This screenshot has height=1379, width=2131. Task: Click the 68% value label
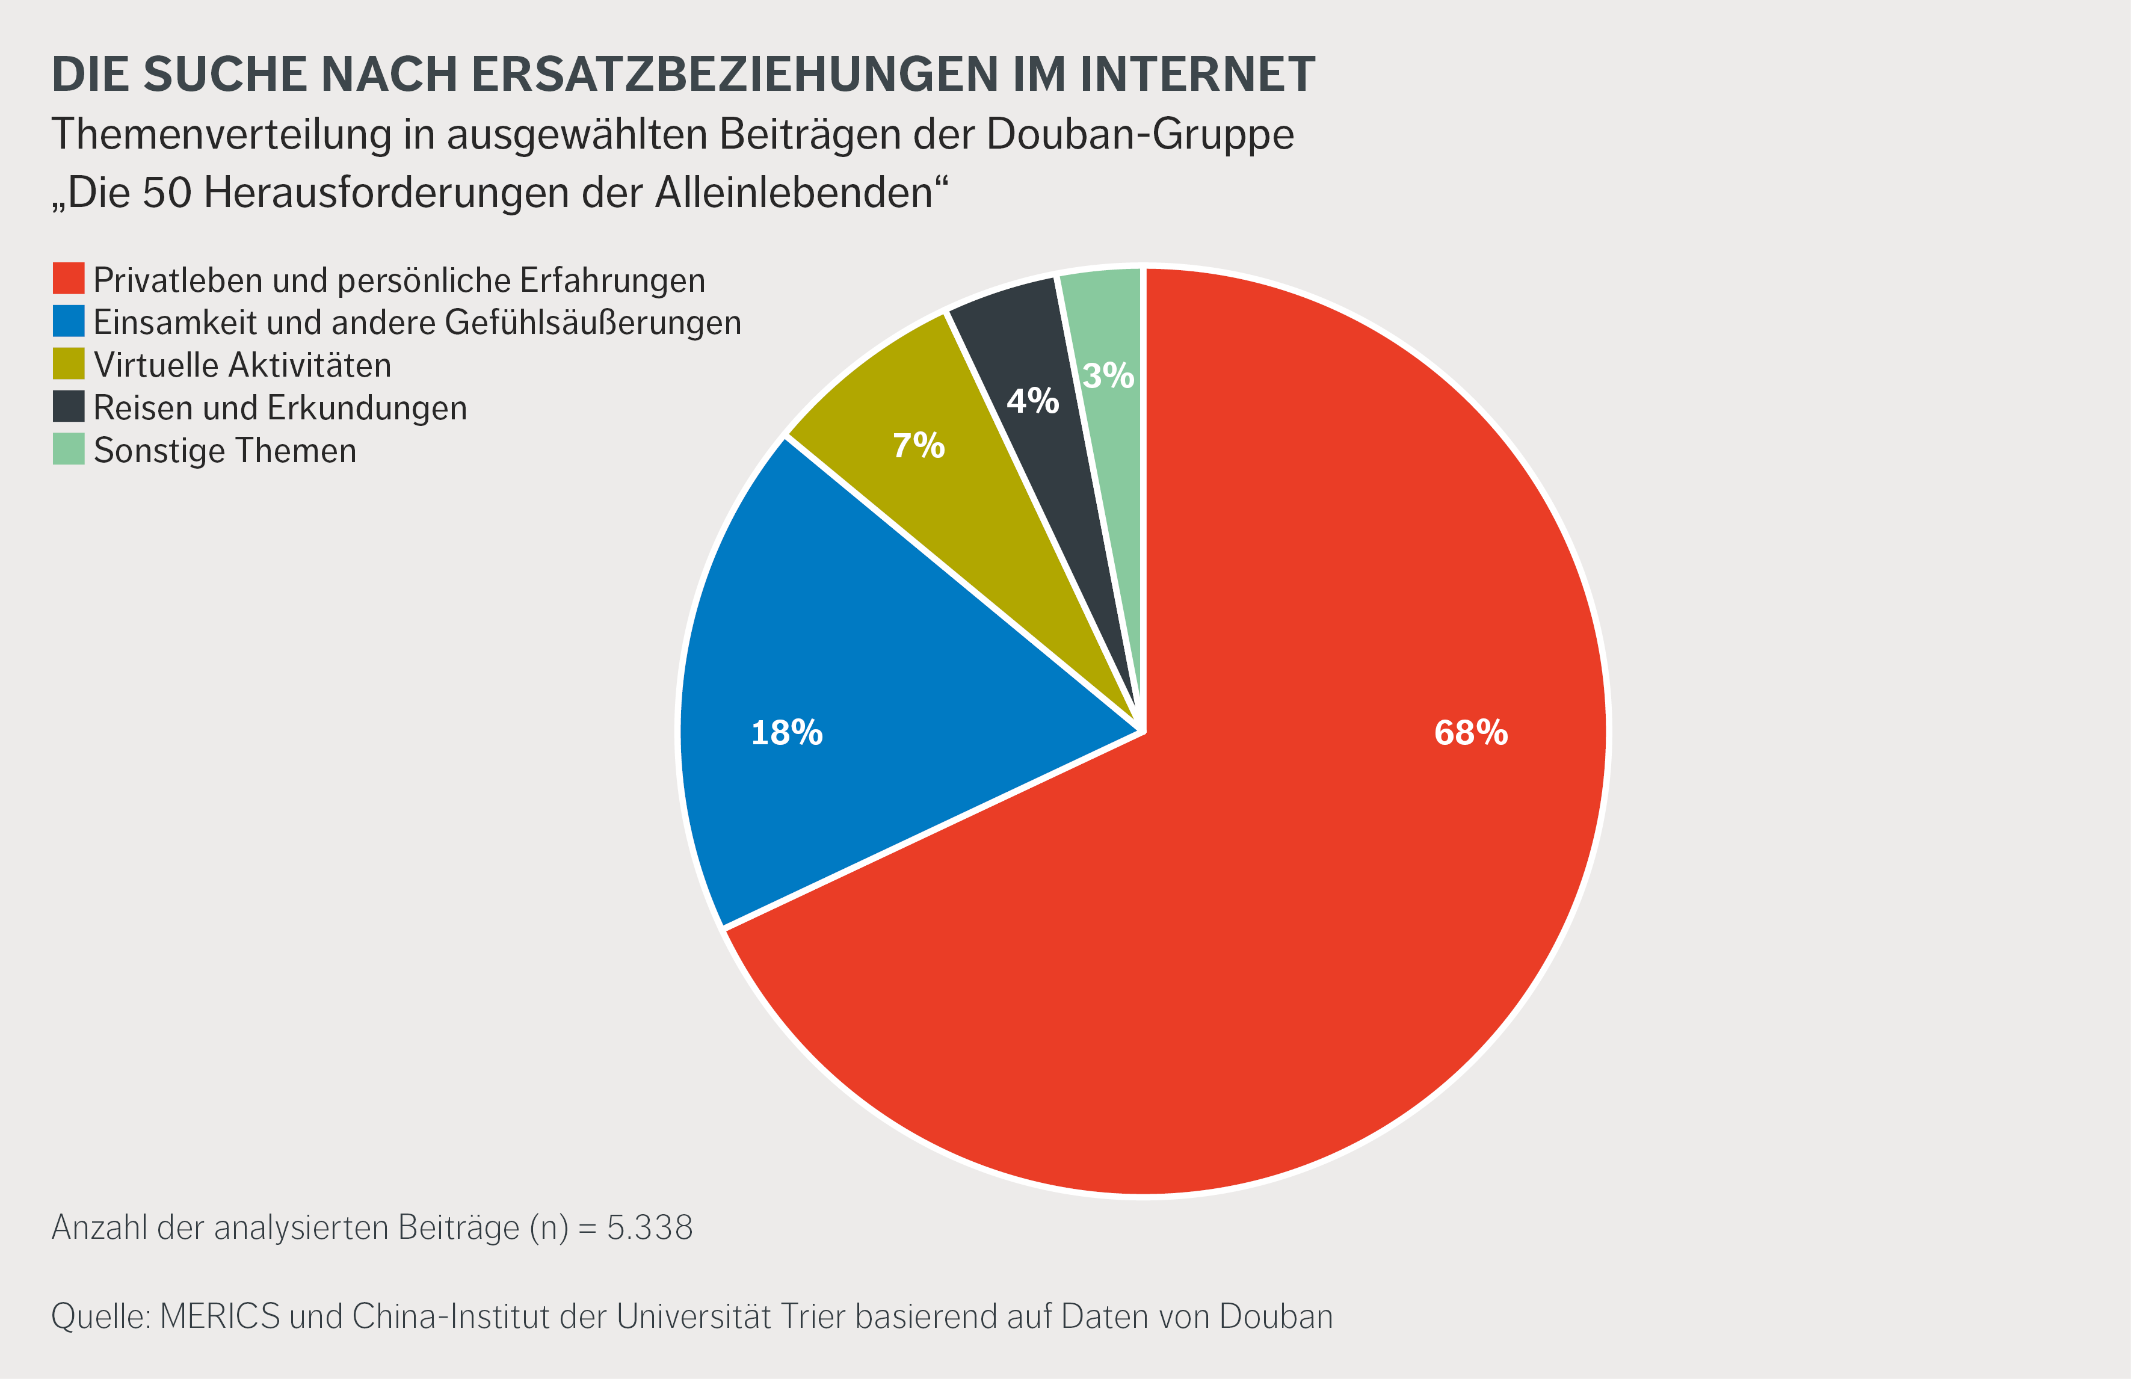[1471, 732]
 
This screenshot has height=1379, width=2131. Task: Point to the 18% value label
[786, 732]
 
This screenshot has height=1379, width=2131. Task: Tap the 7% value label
[919, 445]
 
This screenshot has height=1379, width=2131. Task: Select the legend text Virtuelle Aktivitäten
[242, 365]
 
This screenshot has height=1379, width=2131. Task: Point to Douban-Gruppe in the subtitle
[1140, 134]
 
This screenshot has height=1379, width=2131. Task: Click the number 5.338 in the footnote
[650, 1227]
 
